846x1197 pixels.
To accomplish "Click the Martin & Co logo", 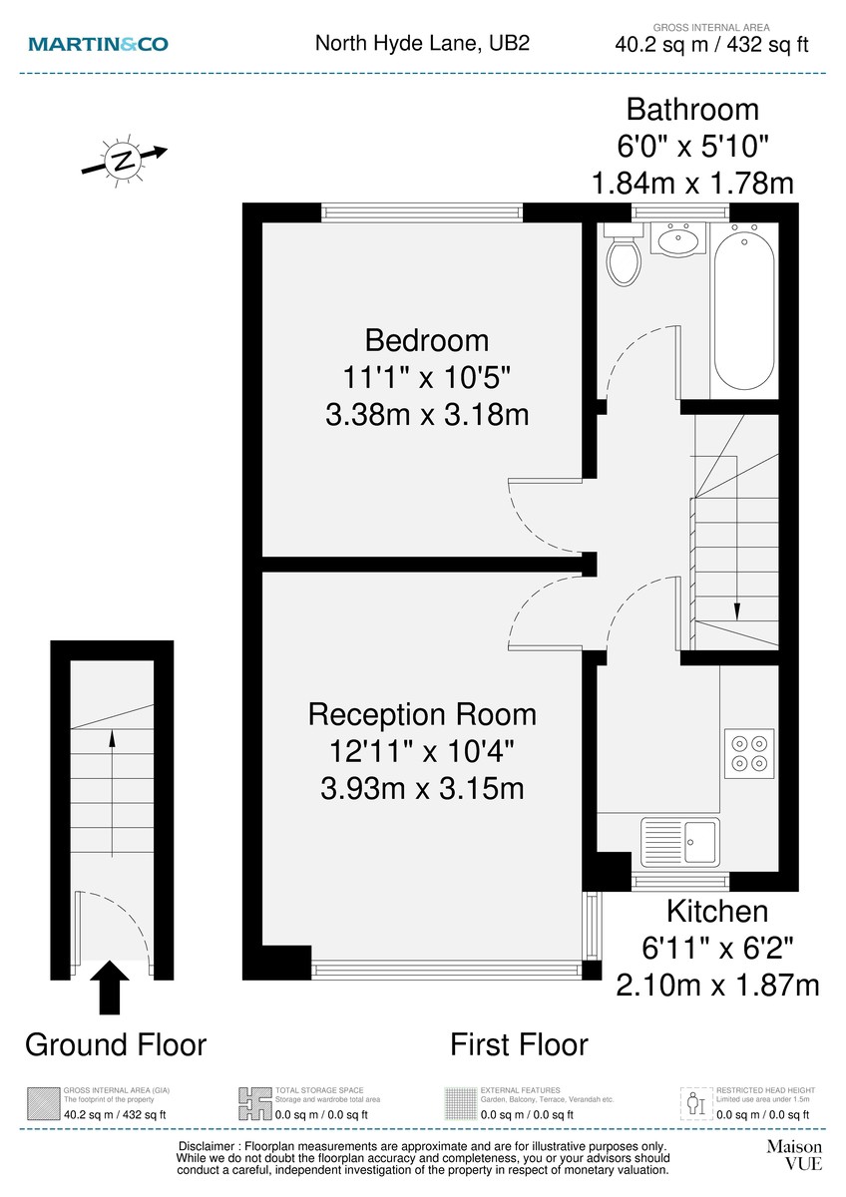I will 98,44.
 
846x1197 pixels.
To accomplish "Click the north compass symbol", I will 123,160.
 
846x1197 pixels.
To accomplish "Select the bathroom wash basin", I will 679,239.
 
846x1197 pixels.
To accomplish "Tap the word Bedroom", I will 427,340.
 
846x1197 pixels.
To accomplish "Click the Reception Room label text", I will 422,714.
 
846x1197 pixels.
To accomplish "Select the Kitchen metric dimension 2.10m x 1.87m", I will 717,986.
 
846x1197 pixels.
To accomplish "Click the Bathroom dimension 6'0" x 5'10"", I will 691,146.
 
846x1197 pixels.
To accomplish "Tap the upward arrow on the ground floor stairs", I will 111,739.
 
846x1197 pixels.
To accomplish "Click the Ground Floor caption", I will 115,1044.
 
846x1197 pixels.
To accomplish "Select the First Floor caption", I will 519,1044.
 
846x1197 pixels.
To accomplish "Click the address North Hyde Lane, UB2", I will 422,43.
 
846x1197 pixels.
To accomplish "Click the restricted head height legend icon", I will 694,1102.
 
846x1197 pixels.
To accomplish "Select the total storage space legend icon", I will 253,1102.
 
